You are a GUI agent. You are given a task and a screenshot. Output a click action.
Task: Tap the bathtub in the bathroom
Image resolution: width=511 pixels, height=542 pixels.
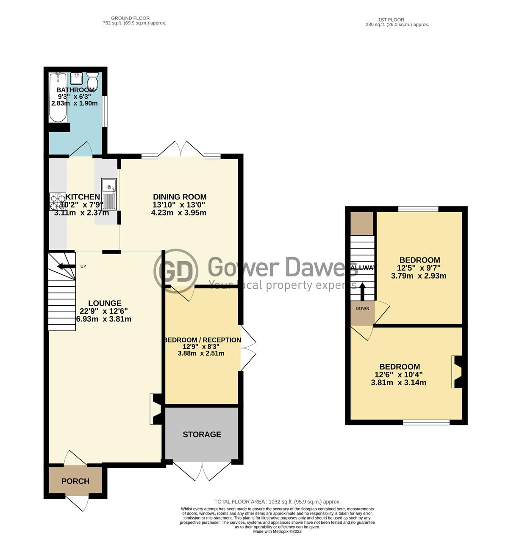(x=58, y=97)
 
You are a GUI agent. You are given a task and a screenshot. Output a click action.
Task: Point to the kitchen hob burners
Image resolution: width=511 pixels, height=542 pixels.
(x=58, y=202)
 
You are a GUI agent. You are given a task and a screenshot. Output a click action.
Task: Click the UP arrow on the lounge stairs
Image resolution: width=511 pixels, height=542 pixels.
(x=65, y=266)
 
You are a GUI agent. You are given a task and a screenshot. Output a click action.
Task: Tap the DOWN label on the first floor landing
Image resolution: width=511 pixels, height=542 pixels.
(x=362, y=309)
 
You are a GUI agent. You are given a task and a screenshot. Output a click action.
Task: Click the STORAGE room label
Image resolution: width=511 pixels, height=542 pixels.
(x=202, y=434)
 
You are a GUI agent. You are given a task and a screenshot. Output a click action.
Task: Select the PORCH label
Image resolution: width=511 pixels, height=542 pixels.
(x=75, y=481)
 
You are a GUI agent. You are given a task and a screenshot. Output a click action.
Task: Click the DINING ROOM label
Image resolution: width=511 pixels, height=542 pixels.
(x=180, y=197)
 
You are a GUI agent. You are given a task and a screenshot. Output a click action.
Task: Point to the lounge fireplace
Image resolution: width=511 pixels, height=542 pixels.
(x=155, y=409)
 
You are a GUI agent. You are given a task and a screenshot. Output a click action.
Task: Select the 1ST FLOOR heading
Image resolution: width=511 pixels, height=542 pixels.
(x=391, y=20)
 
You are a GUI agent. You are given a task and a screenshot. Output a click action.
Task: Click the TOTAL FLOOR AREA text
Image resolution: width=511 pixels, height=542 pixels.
(x=277, y=502)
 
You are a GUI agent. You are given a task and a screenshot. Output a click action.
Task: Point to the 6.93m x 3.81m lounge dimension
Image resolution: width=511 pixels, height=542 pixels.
(x=104, y=319)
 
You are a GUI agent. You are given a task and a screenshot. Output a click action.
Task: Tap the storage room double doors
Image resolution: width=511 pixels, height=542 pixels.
(x=203, y=471)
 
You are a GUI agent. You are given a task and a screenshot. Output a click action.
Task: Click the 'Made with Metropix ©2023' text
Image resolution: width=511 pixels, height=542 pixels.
(x=277, y=531)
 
